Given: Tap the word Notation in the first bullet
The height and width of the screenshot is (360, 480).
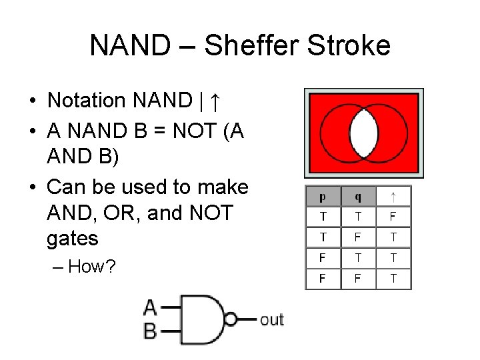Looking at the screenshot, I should pos(87,101).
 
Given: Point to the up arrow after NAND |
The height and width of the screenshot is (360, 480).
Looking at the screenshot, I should pos(215,101).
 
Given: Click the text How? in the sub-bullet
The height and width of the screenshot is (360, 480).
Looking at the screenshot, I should pos(93,267).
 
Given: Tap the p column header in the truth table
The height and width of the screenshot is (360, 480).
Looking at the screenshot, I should pos(323,197).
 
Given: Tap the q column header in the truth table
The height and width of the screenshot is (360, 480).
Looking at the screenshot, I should pos(358,197).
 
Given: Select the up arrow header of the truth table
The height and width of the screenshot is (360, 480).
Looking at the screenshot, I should pos(393,197).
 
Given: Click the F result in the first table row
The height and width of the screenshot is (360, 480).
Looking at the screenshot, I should pos(393,217).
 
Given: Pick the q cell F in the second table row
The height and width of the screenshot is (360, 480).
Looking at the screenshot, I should pos(358,237).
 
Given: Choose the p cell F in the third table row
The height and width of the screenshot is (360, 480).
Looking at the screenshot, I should pos(323,257).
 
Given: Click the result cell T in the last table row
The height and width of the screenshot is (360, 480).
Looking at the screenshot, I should pos(393,278).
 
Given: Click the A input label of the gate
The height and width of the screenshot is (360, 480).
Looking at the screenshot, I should pos(151,307).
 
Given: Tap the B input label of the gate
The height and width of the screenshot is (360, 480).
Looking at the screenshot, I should pos(151,329).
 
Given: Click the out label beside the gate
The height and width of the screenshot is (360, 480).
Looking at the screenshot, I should pos(271,319).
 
